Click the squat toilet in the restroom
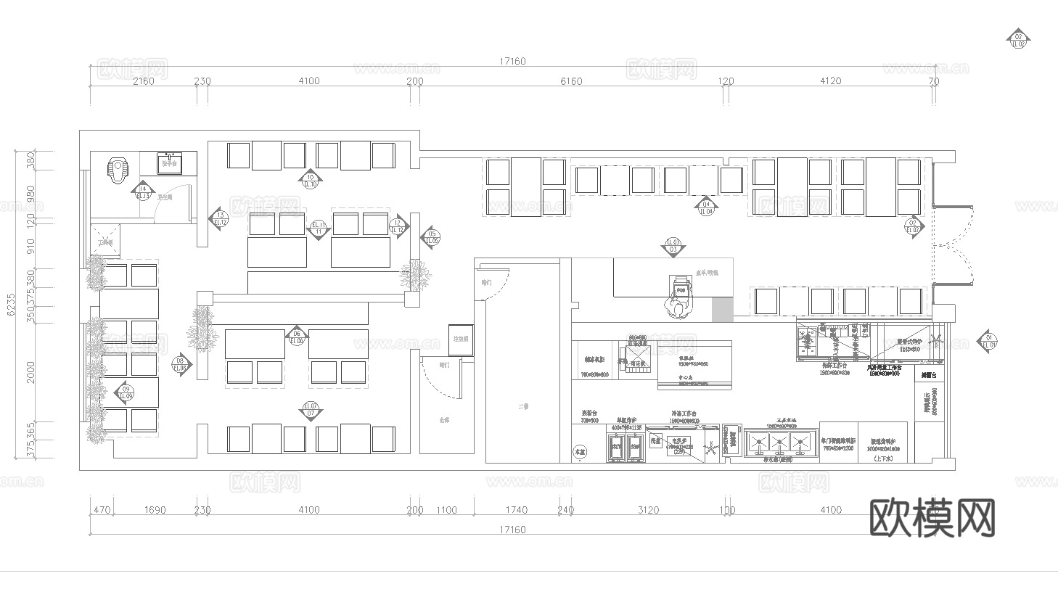(x=118, y=170)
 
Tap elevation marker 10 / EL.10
(x=310, y=181)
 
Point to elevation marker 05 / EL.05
(x=431, y=236)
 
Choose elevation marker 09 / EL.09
(x=124, y=392)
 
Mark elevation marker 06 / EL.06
(x=296, y=337)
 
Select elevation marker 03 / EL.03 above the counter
(x=673, y=246)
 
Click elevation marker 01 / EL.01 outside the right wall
(x=987, y=341)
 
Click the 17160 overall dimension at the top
(x=512, y=62)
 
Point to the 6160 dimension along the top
(x=571, y=81)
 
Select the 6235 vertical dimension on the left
(x=11, y=305)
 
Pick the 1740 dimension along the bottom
(x=516, y=510)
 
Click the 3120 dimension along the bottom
(x=648, y=510)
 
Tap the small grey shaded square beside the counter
(x=722, y=310)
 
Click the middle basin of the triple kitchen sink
(x=780, y=442)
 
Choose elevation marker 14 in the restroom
(x=143, y=192)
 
